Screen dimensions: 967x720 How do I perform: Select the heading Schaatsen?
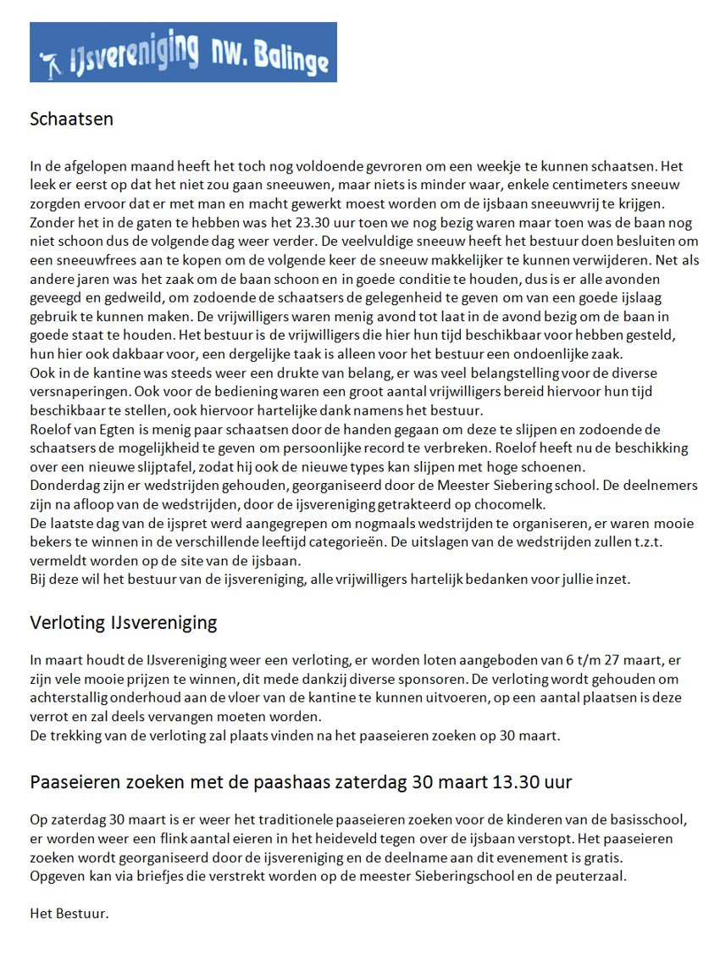[71, 119]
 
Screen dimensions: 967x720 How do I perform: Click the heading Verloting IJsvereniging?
[124, 624]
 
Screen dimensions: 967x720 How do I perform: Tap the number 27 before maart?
[606, 659]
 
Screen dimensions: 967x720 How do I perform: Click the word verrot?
[49, 715]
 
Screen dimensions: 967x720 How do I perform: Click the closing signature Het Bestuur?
[69, 914]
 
